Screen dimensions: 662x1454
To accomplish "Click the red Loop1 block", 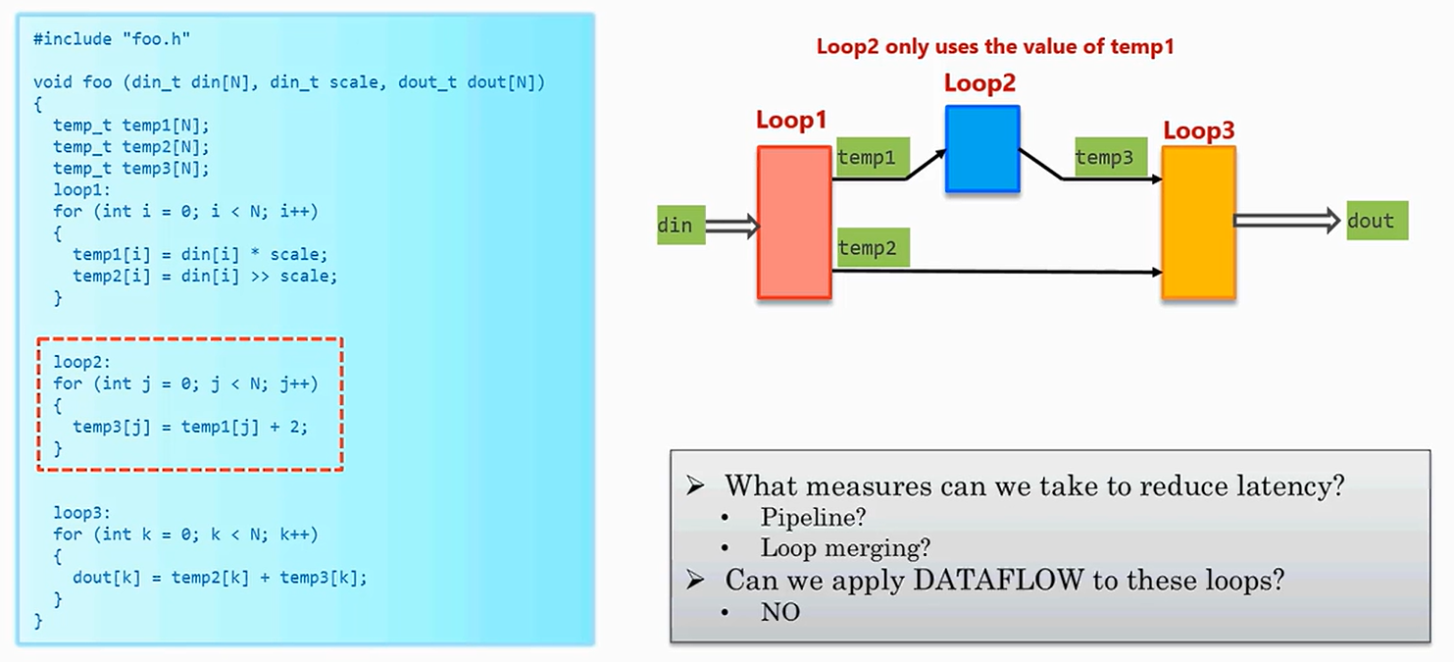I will tap(794, 222).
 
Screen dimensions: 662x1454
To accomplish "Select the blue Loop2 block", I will tap(982, 148).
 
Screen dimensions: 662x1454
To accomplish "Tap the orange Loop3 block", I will tap(1198, 222).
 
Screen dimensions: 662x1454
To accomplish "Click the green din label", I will tap(675, 226).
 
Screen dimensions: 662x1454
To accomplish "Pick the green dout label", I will tap(1377, 221).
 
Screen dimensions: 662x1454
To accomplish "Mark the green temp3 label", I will tap(1111, 157).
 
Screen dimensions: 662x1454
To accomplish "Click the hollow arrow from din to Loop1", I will tap(732, 227).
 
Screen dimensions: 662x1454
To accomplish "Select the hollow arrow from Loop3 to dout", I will tap(1286, 221).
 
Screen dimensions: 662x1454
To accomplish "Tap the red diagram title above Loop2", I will tap(995, 46).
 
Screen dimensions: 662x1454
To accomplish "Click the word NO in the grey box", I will tap(780, 613).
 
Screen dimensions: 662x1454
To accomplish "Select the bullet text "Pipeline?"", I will tap(814, 517).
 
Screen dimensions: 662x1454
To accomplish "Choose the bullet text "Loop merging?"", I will tap(845, 548).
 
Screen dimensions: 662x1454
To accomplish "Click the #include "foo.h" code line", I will tap(112, 38).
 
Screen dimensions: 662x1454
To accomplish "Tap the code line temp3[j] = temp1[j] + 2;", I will tap(190, 427).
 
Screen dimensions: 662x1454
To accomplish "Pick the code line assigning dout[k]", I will tap(220, 578).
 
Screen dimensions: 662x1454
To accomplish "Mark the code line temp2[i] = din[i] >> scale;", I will tap(205, 277).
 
